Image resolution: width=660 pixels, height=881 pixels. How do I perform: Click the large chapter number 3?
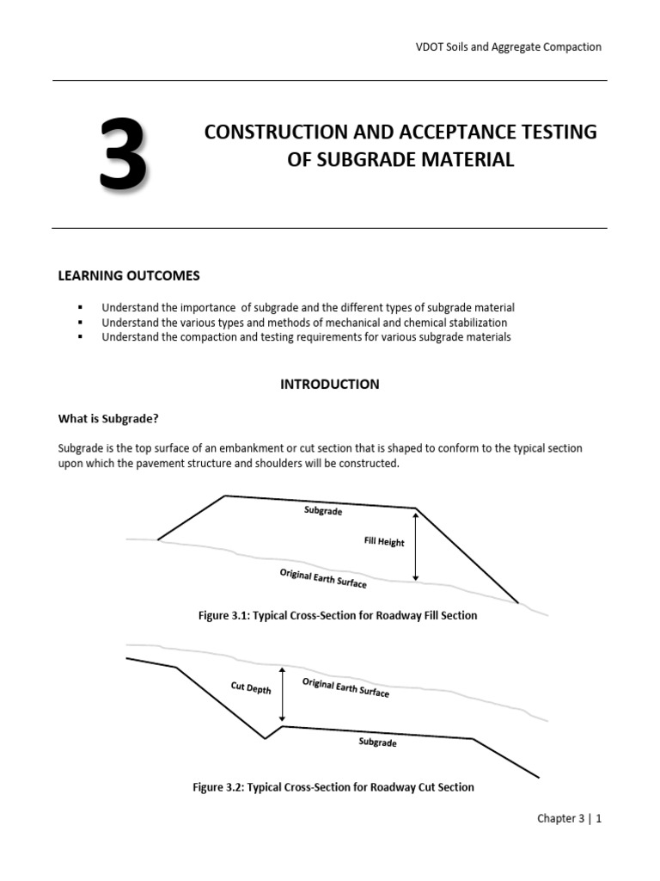click(x=122, y=156)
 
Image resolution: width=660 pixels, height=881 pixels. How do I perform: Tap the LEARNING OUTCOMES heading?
click(x=128, y=275)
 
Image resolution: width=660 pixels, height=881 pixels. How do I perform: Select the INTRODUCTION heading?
click(x=329, y=385)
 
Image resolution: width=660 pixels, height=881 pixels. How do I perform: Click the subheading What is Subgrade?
click(x=108, y=419)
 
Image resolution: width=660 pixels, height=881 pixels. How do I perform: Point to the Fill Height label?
click(x=384, y=542)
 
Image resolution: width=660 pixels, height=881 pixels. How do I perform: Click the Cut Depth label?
click(x=251, y=687)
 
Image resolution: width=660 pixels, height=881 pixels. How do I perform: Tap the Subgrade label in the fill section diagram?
click(x=323, y=511)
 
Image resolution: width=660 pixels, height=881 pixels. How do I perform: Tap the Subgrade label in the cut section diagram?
click(x=377, y=742)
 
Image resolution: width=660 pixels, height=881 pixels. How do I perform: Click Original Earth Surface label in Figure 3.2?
click(x=345, y=687)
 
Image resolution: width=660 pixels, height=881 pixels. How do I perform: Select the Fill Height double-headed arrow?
click(x=416, y=546)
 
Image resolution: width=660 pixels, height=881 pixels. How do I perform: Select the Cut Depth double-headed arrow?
click(x=282, y=693)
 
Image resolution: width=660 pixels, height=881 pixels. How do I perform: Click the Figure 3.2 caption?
click(x=333, y=786)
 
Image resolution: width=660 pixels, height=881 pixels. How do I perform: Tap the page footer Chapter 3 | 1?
click(x=569, y=819)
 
